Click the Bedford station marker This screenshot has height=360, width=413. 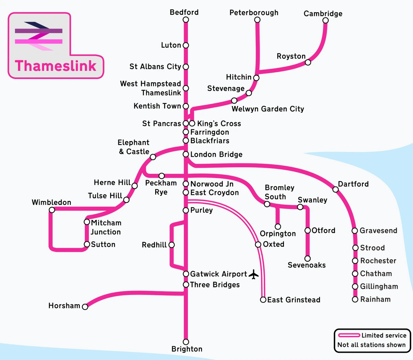(x=186, y=20)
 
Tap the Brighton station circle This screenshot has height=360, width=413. (x=186, y=342)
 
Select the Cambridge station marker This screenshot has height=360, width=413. (x=325, y=20)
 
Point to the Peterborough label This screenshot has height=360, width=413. (x=254, y=13)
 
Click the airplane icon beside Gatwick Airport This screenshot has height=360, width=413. (x=254, y=274)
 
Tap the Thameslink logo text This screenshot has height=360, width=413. (x=56, y=66)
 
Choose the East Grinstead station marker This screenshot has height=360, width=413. (x=263, y=300)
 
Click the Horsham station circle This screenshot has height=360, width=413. (x=85, y=307)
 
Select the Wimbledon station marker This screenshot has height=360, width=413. (x=52, y=210)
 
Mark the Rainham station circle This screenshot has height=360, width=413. (x=355, y=299)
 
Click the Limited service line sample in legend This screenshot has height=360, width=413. (x=349, y=335)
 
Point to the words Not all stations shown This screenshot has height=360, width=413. (x=371, y=345)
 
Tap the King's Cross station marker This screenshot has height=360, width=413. (x=192, y=123)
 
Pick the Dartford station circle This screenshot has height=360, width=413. (x=336, y=189)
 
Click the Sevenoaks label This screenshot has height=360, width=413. (x=307, y=265)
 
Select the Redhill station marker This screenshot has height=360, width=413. (x=171, y=245)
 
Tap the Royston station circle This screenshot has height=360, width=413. (x=308, y=62)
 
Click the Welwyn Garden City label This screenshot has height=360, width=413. (x=268, y=109)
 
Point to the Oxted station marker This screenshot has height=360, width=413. (x=258, y=244)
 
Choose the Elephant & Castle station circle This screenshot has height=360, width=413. (x=153, y=157)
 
